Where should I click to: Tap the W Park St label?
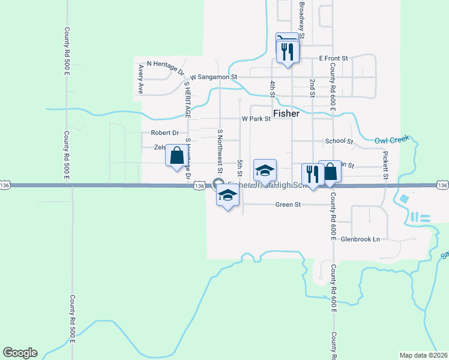tap(256, 119)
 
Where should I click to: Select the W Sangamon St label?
tap(214, 77)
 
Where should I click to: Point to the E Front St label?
tap(334, 58)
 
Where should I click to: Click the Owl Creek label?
tap(391, 140)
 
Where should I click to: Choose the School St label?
tap(339, 141)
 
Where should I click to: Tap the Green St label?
tap(288, 205)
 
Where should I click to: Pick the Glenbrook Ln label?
tap(360, 239)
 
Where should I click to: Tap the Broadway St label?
tap(302, 20)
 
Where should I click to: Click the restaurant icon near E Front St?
tap(287, 51)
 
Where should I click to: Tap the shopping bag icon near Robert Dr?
tap(176, 155)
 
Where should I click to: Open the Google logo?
tap(20, 353)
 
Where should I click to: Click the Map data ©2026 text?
tap(423, 355)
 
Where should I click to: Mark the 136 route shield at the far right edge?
tap(443, 186)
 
